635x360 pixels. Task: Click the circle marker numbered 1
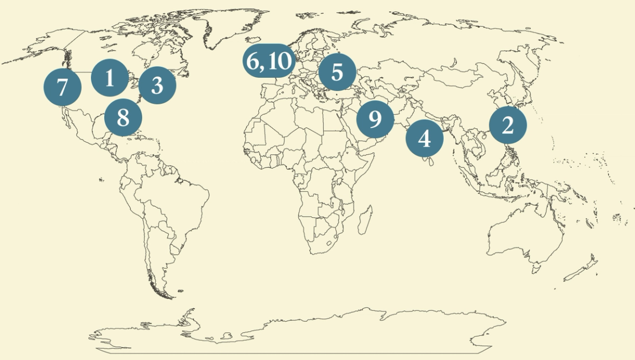pyautogui.click(x=110, y=78)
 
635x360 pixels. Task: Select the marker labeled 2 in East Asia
pyautogui.click(x=508, y=125)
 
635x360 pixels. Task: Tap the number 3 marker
pyautogui.click(x=157, y=85)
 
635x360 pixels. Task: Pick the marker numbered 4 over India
pyautogui.click(x=424, y=138)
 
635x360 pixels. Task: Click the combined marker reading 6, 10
pyautogui.click(x=268, y=61)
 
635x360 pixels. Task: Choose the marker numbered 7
pyautogui.click(x=62, y=87)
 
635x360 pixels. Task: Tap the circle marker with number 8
pyautogui.click(x=122, y=117)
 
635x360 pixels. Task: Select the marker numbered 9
pyautogui.click(x=375, y=119)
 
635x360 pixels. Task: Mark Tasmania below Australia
pyautogui.click(x=537, y=270)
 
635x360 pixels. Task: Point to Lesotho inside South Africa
pyautogui.click(x=330, y=243)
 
